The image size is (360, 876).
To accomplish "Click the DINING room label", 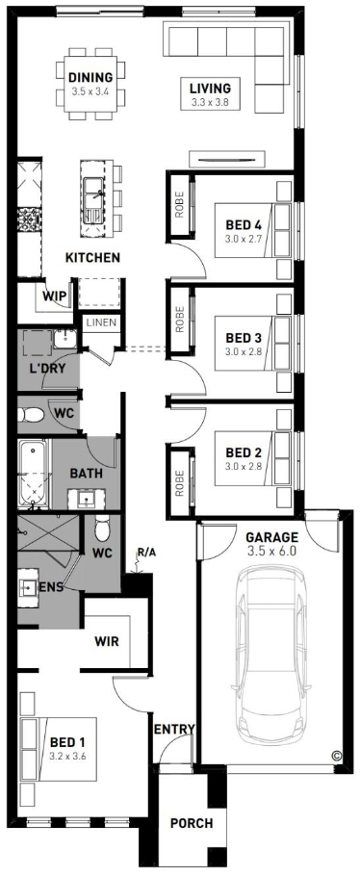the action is (x=90, y=78).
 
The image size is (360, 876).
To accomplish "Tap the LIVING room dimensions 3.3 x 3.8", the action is (x=210, y=102).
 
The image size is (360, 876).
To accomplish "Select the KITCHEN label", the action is (x=92, y=258).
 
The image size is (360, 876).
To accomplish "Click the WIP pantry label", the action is (x=54, y=296).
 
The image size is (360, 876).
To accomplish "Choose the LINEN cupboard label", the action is (x=101, y=322).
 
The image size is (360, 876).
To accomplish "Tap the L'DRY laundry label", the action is (x=47, y=368).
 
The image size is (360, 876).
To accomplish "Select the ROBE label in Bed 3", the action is (x=179, y=319).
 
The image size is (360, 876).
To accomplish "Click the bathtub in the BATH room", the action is (x=34, y=474).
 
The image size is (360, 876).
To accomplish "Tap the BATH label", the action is (x=86, y=474).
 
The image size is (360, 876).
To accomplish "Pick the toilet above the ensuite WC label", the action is (x=102, y=528).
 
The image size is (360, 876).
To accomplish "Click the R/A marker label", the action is (x=146, y=554).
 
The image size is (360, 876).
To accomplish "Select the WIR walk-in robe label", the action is (x=106, y=641).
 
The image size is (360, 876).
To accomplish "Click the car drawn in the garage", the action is (x=271, y=656).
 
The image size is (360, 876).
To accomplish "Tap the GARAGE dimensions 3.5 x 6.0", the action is (x=271, y=551).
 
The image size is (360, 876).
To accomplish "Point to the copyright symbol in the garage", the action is (x=337, y=756).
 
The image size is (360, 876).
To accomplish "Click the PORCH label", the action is (x=192, y=823).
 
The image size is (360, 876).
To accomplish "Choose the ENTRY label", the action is (x=174, y=729).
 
